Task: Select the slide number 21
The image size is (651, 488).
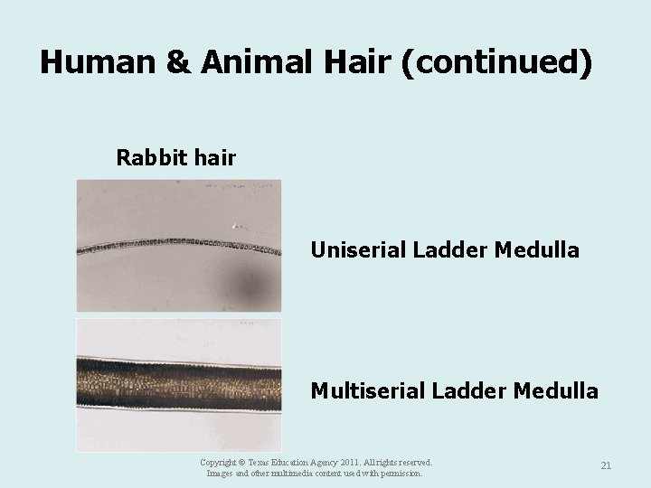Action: click(x=606, y=465)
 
